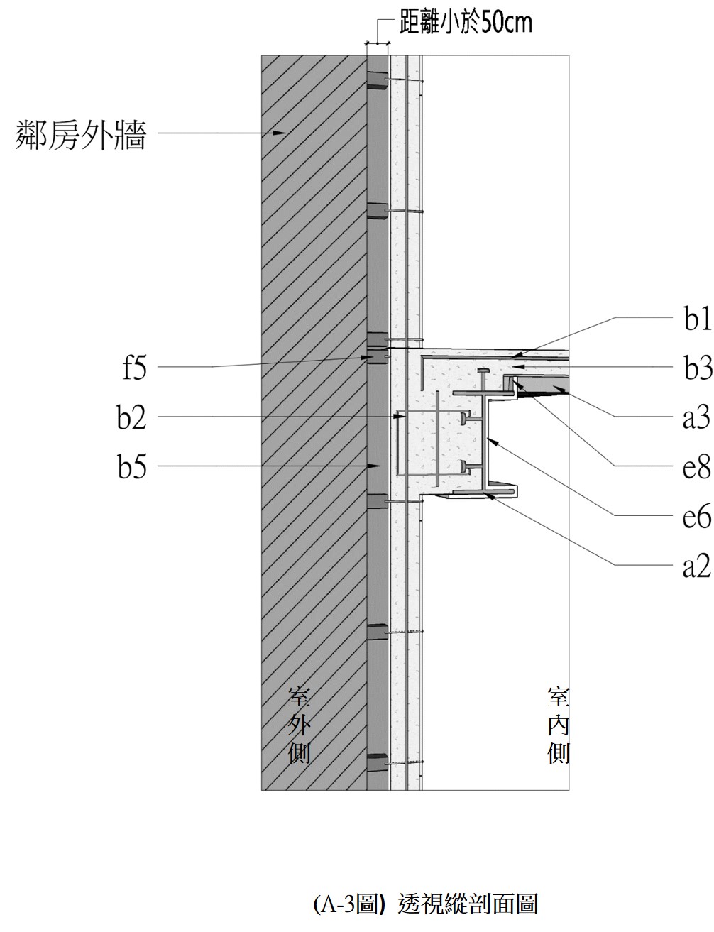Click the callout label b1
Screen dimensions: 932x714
coord(697,321)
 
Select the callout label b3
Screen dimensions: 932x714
coord(697,369)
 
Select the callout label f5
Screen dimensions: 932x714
coord(133,368)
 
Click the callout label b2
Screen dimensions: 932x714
coord(132,417)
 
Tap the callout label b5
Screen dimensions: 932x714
coord(132,467)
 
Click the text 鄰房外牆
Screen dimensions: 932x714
coord(81,134)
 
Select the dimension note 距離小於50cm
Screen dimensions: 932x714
coord(466,23)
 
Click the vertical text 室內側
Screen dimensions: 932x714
coord(559,724)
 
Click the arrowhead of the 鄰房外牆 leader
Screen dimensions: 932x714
coord(283,132)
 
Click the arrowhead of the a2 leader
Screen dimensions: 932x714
coord(490,496)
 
